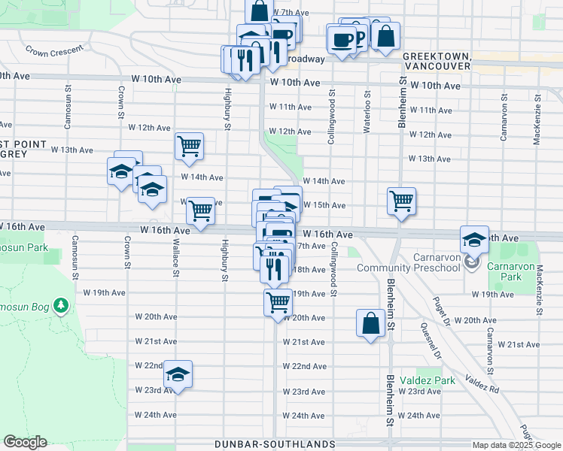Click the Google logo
pyautogui.click(x=25, y=442)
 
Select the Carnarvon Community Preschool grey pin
pyautogui.click(x=472, y=263)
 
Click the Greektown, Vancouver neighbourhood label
pyautogui.click(x=437, y=62)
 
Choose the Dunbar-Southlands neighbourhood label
pyautogui.click(x=275, y=444)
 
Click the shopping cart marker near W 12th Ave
pyautogui.click(x=189, y=147)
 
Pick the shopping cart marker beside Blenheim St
pyautogui.click(x=402, y=201)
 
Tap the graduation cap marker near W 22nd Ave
pyautogui.click(x=178, y=374)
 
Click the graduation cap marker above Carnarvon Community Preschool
pyautogui.click(x=474, y=240)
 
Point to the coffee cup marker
pyautogui.click(x=341, y=40)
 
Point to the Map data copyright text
pyautogui.click(x=516, y=444)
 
